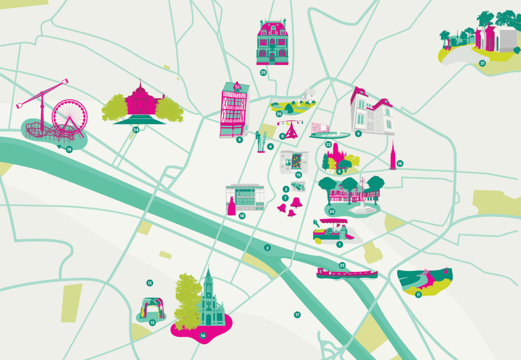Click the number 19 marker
69,150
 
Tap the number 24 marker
136,130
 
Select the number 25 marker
263,72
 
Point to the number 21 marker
482,63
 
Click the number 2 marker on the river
267,248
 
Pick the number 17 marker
297,315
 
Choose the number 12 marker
150,283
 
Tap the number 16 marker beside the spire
400,164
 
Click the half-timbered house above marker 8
234,110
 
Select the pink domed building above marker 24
140,100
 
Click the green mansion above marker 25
272,42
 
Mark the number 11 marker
418,295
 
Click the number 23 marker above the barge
342,266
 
